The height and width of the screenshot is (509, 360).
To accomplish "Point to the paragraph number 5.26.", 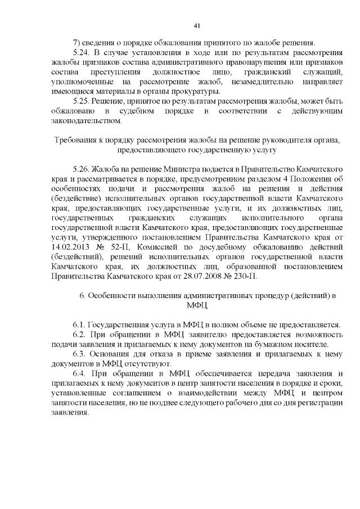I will [x=81, y=169].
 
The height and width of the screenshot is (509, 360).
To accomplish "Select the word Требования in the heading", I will [x=74, y=140].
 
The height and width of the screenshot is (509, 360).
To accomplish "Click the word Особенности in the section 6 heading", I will [x=111, y=296].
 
